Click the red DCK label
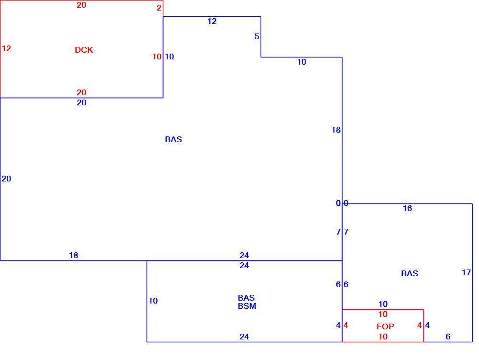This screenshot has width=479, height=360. point(84,50)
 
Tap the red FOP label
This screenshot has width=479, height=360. point(385,326)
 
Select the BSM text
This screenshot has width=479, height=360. point(247,306)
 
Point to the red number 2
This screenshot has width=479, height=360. point(159,8)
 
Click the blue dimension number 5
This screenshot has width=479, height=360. point(257,36)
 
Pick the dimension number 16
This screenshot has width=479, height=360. point(407,208)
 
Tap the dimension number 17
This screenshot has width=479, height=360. point(466,272)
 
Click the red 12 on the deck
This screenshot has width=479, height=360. point(6,48)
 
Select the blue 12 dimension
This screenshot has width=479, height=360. point(212,21)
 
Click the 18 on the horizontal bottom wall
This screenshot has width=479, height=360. point(74,255)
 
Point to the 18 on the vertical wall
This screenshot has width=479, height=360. point(336,130)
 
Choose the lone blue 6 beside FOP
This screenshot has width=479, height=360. point(448,337)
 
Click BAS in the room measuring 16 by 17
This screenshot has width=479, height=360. point(410,273)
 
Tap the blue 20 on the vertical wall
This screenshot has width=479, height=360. point(6,179)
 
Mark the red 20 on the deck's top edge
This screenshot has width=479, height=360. point(81,5)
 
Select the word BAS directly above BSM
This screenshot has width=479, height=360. point(246,298)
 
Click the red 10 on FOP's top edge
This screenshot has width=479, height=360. point(383,314)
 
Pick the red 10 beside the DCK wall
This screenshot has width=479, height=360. point(157,56)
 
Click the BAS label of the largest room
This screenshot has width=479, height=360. point(173,139)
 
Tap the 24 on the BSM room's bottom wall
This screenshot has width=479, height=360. point(244,337)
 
